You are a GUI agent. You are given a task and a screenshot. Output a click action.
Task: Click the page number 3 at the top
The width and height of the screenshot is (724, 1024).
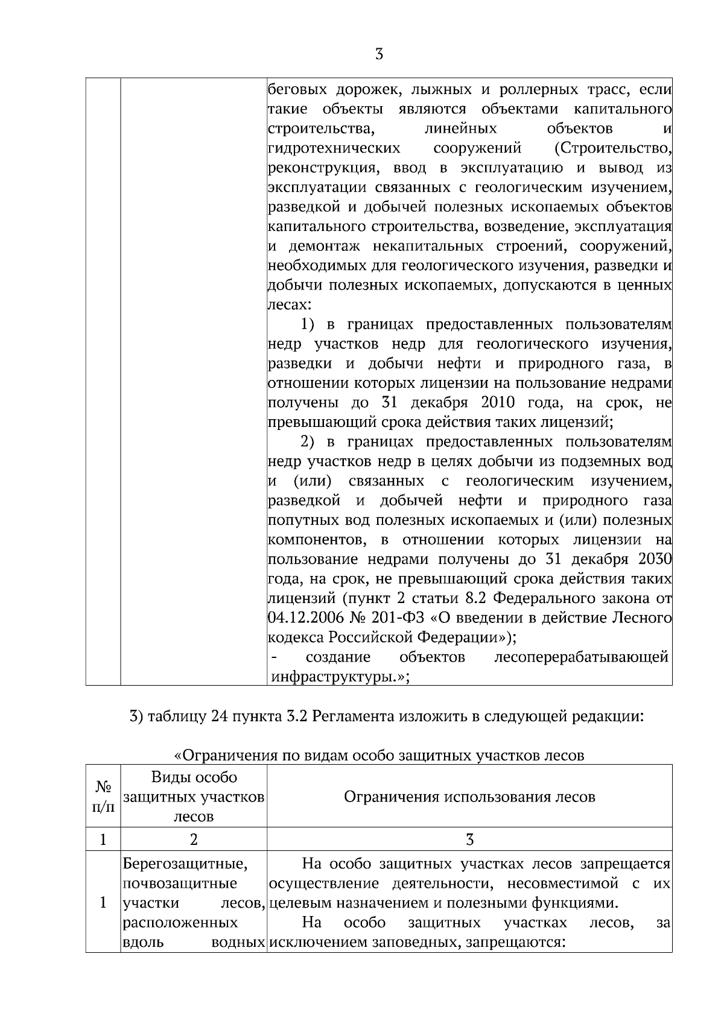tap(378, 55)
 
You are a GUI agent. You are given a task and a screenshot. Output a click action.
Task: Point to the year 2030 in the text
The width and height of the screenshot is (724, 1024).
tap(655, 560)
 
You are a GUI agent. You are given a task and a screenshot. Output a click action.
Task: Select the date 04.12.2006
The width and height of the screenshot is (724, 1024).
tap(305, 618)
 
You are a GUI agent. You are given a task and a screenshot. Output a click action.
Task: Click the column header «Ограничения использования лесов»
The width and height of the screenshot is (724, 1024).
tap(469, 797)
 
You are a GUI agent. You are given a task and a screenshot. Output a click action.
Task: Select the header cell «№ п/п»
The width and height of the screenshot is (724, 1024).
tap(103, 797)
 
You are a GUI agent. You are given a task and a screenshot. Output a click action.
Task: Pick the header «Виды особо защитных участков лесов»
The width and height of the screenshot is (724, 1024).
tap(194, 797)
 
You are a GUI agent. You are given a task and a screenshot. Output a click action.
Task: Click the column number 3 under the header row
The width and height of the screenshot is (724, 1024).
tap(469, 839)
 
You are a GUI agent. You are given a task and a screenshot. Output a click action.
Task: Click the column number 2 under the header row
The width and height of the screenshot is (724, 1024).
tap(194, 839)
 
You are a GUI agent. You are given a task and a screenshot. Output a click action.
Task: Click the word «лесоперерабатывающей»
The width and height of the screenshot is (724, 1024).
tap(580, 657)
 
